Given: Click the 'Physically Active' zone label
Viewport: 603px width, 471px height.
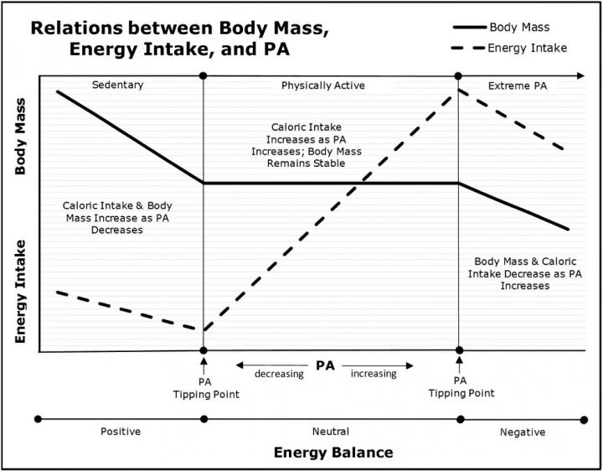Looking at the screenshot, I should (323, 85).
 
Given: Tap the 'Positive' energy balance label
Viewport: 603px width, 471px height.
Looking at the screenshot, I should (121, 432).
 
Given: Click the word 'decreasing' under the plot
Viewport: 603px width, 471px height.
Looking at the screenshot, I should (279, 374).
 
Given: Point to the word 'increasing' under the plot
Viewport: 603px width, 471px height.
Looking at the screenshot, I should (374, 374).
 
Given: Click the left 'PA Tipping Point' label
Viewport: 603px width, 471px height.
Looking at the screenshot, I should (204, 387).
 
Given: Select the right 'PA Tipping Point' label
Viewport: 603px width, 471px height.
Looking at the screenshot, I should (459, 387).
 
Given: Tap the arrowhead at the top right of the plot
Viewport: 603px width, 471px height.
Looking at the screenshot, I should (580, 76).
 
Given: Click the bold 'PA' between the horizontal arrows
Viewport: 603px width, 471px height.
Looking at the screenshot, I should (327, 365).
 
